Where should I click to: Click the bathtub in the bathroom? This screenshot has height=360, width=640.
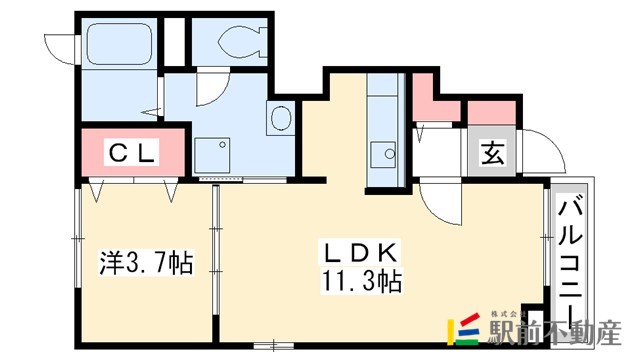pos(119,43)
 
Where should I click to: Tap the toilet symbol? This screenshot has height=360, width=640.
pos(242,41)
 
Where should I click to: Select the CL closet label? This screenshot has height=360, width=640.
pos(131,153)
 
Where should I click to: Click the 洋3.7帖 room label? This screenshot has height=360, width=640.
pos(146,263)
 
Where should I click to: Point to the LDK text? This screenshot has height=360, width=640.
pos(361,253)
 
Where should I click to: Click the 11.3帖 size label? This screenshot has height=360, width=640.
pos(362,281)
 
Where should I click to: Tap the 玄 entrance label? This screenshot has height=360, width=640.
pos(493,152)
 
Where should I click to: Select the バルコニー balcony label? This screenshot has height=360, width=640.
pos(570,261)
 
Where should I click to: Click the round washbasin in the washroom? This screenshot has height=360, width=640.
pos(281,118)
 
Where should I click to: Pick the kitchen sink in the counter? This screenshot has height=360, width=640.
pos(383,154)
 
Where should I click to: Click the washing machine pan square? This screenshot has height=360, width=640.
pos(212,156)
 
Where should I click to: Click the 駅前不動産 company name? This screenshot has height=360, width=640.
pos(556,332)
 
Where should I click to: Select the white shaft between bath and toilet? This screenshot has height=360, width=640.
pos(174,42)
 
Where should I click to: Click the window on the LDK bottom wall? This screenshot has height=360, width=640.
pos(273,346)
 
